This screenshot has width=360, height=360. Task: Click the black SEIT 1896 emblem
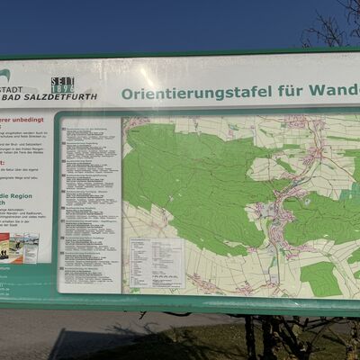point(62,85)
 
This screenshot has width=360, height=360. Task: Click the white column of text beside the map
point(89,202)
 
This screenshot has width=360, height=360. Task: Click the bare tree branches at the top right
point(333,22)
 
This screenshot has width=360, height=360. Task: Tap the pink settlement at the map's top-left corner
point(136,123)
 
